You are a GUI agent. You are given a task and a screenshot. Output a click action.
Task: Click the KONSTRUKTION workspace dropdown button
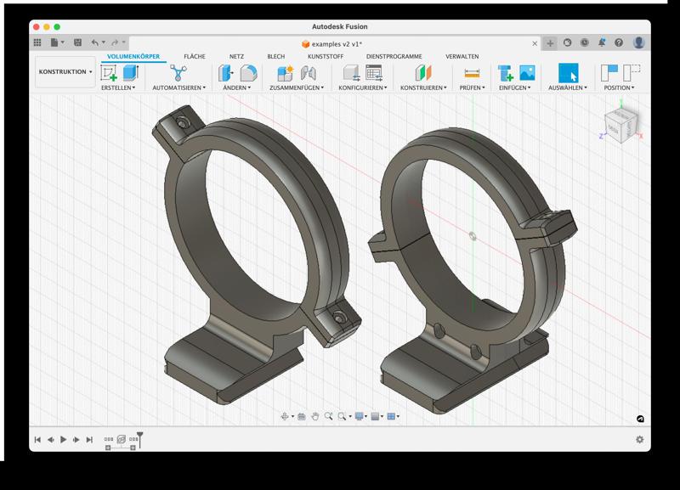(x=65, y=72)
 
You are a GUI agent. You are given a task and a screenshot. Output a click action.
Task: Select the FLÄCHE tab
(x=194, y=56)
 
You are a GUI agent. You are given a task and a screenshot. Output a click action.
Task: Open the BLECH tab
(x=275, y=56)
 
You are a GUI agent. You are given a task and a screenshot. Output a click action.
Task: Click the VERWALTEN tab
(x=462, y=56)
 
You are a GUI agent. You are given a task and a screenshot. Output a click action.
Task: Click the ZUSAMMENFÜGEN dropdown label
(x=293, y=87)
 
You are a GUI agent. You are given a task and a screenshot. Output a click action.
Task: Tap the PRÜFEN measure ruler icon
(x=472, y=73)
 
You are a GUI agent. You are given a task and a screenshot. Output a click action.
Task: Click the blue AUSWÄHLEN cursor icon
(x=568, y=73)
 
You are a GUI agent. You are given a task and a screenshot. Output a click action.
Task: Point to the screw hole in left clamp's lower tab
(x=340, y=318)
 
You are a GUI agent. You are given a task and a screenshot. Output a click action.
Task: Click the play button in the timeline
(x=63, y=439)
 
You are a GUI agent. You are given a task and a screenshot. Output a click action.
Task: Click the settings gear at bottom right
(x=639, y=439)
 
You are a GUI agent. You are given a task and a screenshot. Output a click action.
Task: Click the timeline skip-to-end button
(x=89, y=439)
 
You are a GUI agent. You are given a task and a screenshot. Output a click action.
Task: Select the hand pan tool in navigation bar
(x=314, y=416)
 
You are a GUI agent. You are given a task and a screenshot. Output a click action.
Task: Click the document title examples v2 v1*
(x=339, y=42)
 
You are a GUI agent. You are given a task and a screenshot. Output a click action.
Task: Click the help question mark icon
(x=620, y=42)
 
